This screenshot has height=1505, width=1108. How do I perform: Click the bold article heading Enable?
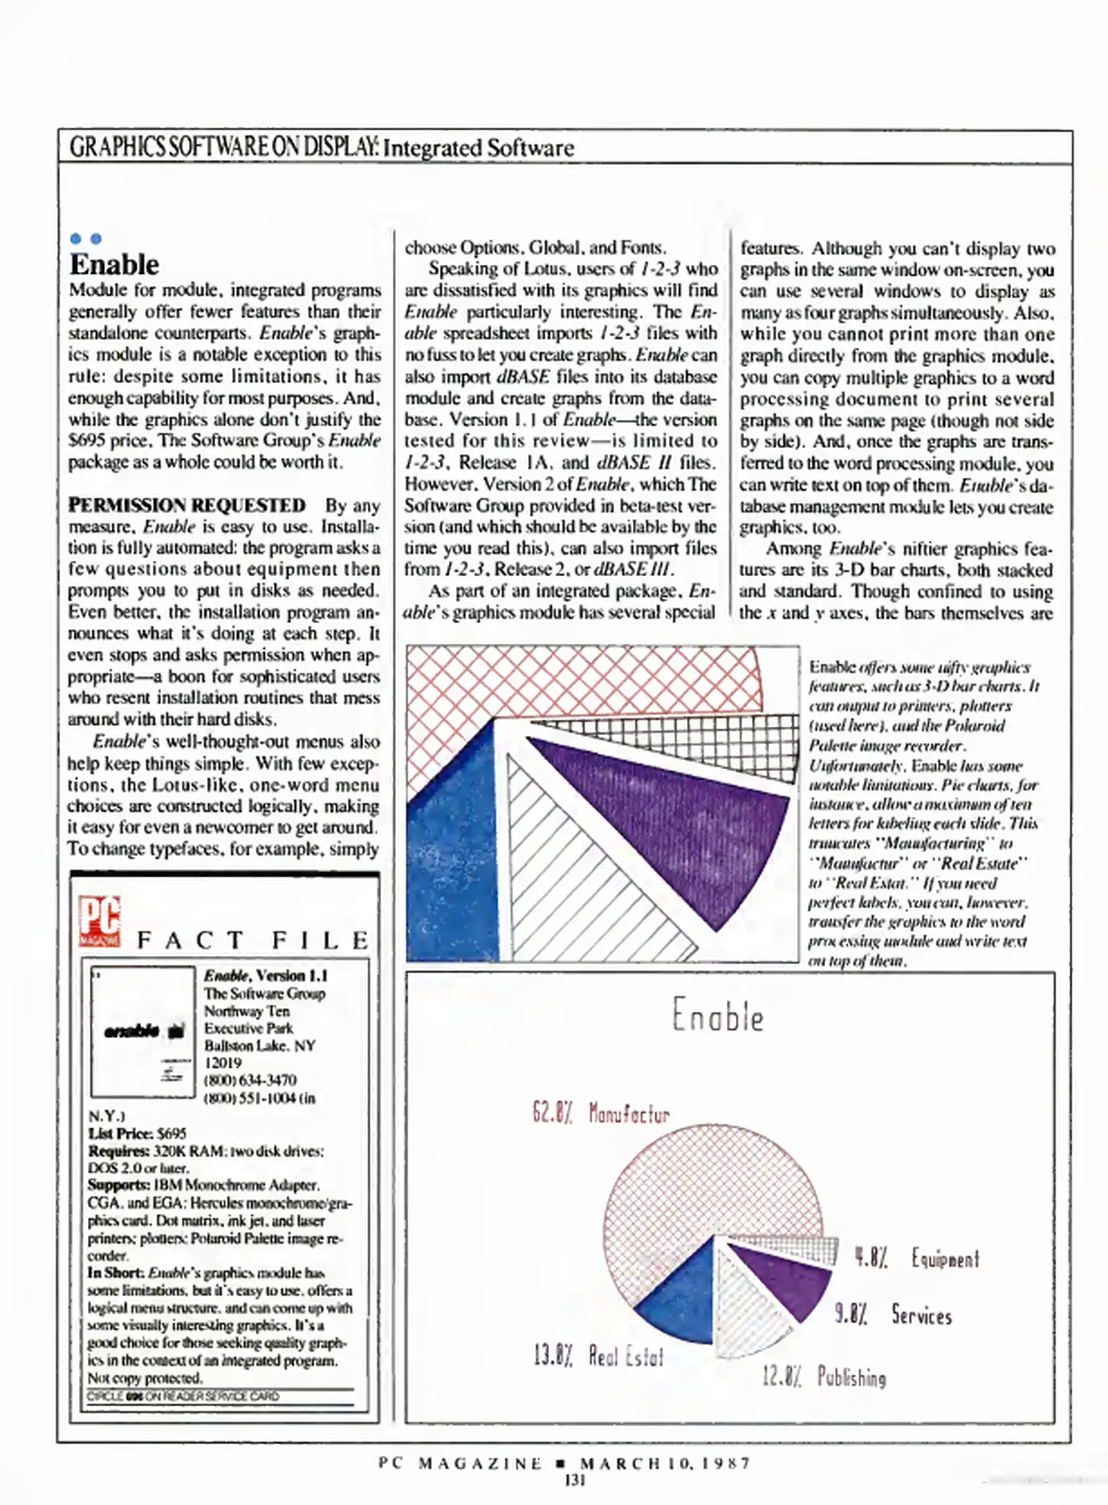(x=114, y=265)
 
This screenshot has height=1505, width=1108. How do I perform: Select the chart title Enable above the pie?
(x=718, y=1016)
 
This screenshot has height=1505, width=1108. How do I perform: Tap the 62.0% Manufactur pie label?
(x=600, y=1113)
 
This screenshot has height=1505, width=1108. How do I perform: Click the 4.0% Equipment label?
(x=917, y=1258)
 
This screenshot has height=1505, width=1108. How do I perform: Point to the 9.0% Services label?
(x=893, y=1315)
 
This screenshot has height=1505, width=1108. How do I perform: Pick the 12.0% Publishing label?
(x=824, y=1377)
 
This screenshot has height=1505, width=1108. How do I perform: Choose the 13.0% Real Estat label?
(x=598, y=1356)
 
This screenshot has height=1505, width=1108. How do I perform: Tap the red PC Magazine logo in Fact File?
(x=100, y=921)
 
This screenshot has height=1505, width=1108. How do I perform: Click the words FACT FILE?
(x=253, y=941)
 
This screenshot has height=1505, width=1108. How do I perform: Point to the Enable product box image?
(x=143, y=1032)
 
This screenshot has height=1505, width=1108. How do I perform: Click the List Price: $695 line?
(x=137, y=1134)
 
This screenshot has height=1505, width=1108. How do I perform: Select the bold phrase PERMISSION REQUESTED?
(x=187, y=505)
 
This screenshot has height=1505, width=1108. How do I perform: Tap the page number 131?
(x=574, y=1481)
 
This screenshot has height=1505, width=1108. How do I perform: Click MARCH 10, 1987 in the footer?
(x=665, y=1463)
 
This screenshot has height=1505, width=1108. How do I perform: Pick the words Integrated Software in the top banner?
(x=479, y=148)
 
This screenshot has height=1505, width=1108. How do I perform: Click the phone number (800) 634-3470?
(x=250, y=1080)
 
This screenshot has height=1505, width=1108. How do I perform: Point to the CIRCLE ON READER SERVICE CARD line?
(x=183, y=1396)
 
